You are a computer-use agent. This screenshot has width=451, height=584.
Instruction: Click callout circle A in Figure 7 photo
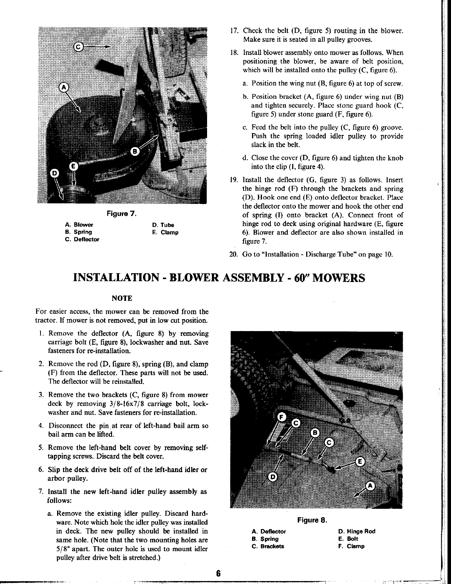pos(64,87)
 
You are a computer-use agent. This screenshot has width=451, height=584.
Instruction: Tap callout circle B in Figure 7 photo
pos(135,151)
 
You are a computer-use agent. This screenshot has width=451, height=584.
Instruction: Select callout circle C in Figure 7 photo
pos(79,46)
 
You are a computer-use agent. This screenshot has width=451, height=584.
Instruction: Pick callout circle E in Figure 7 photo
pos(73,166)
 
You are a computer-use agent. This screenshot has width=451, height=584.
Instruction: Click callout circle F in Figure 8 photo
pos(282,417)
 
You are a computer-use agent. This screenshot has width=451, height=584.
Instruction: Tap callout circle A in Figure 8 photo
pos(371,486)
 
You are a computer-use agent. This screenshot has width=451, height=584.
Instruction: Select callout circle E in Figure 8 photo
pos(361,462)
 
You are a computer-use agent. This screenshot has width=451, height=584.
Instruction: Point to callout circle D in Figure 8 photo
pos(273,477)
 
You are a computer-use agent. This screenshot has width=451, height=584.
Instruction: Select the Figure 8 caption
pos(312,520)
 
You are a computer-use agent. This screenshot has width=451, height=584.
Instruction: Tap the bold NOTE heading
pos(122,298)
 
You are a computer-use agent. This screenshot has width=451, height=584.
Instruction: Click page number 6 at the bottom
pos(218,574)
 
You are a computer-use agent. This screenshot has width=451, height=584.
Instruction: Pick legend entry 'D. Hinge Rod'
pos(357,531)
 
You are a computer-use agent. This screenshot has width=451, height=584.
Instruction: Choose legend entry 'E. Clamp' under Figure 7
pos(165,232)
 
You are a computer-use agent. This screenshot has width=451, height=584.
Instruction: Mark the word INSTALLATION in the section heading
pos(117,277)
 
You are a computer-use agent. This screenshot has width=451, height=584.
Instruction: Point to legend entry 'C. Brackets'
pos(268,546)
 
